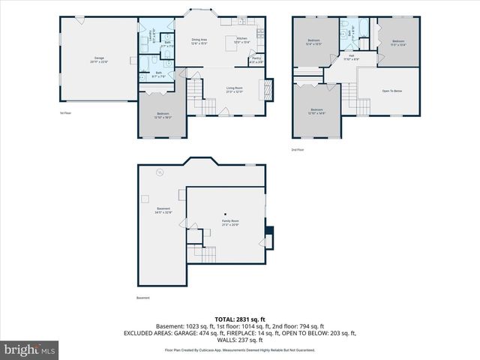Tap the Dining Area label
tap(199, 40)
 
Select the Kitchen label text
tap(241, 39)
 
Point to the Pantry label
tap(256, 59)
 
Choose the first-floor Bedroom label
tap(163, 115)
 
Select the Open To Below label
tap(392, 91)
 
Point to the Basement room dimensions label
tap(163, 212)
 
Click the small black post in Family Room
tap(225, 214)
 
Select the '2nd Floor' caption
tap(298, 149)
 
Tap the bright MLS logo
tap(30, 349)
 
